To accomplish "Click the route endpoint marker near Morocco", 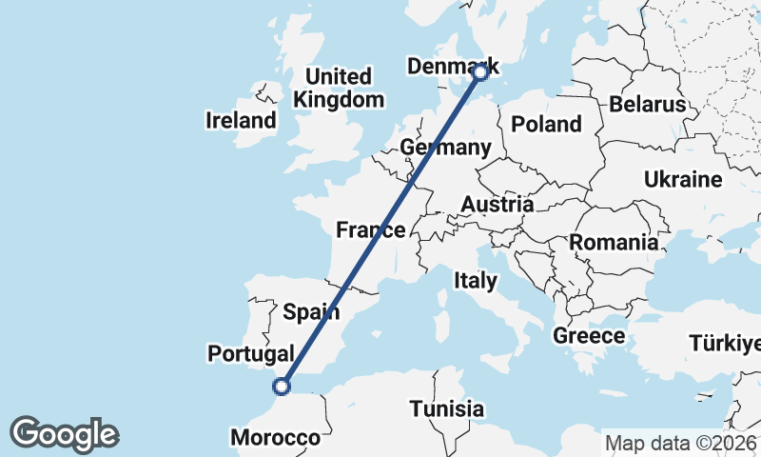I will (x=281, y=386).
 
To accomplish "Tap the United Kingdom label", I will (x=339, y=88).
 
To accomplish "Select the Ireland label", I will (x=241, y=121).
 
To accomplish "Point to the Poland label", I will (x=546, y=124).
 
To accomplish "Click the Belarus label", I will (x=648, y=104).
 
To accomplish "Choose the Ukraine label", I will (x=683, y=179).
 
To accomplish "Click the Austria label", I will (x=497, y=205).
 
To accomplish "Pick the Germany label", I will (x=445, y=148).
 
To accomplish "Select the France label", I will (x=371, y=229).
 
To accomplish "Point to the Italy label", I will (x=475, y=280).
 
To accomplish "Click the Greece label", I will (x=589, y=336).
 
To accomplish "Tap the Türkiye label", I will (x=725, y=343).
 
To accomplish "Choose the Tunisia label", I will (x=447, y=409).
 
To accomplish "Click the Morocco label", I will (x=276, y=438).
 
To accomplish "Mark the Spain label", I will (x=306, y=310).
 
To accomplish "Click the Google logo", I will (x=64, y=434).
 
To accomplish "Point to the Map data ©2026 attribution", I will (x=681, y=443).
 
